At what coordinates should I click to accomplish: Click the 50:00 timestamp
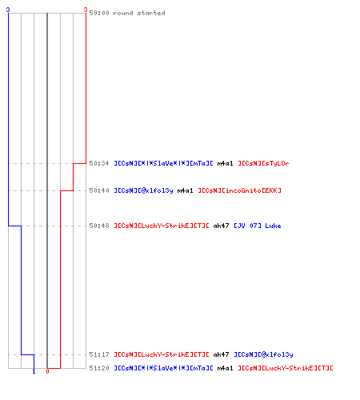[99, 13]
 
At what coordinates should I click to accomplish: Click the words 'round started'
[139, 13]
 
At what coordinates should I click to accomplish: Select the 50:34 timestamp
[99, 163]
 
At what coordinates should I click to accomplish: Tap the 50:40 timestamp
[99, 190]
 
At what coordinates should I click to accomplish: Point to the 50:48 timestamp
[99, 226]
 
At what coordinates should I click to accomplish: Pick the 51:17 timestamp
[99, 354]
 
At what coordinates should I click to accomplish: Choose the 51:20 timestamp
[99, 368]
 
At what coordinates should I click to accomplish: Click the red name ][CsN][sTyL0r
[263, 163]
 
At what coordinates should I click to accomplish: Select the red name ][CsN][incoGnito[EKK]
[239, 190]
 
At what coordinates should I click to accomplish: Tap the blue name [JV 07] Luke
[258, 226]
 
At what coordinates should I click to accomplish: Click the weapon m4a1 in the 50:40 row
[185, 190]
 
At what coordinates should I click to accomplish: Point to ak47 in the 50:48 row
[221, 226]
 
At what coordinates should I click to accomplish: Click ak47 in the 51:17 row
[221, 354]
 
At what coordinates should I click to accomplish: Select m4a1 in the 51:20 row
[225, 368]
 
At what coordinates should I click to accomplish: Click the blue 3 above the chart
[8, 10]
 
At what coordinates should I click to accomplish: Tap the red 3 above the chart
[86, 10]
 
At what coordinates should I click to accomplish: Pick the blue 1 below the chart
[34, 371]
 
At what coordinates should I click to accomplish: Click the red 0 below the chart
[47, 371]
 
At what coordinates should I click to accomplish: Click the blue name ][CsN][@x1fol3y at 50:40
[143, 190]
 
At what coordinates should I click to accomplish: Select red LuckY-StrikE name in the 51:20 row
[286, 368]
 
